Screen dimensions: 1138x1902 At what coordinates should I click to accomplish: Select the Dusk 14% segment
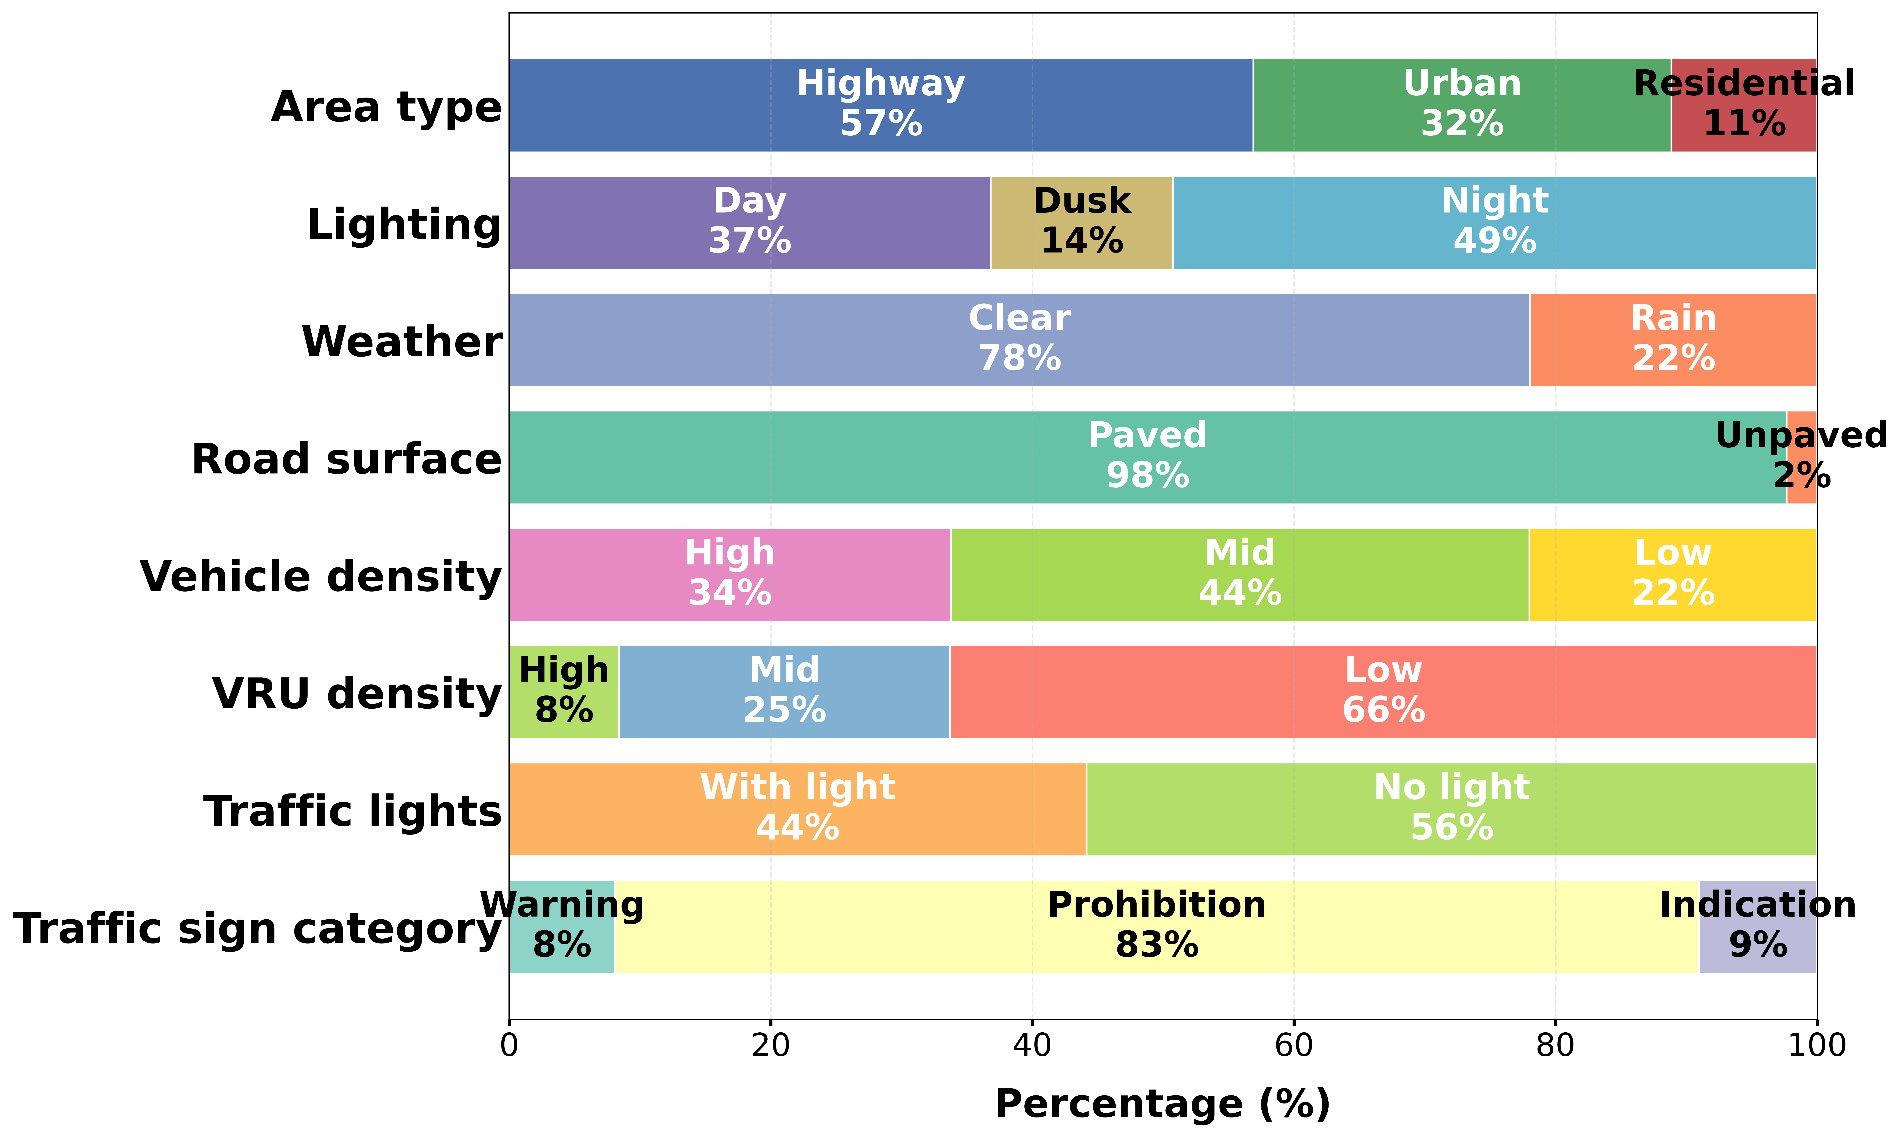(x=1081, y=222)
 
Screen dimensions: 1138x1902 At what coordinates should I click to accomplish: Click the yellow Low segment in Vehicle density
(x=1673, y=574)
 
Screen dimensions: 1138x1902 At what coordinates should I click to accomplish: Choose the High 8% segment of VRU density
(x=564, y=692)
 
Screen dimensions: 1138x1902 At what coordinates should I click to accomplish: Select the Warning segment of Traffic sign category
(x=561, y=926)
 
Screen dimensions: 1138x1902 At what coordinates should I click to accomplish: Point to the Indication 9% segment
(x=1758, y=926)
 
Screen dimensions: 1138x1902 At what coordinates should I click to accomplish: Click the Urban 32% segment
(x=1462, y=105)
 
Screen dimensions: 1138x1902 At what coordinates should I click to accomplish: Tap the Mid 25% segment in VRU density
(x=784, y=692)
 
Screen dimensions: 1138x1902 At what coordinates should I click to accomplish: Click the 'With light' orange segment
(x=798, y=809)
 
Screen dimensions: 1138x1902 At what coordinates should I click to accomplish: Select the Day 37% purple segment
(x=749, y=222)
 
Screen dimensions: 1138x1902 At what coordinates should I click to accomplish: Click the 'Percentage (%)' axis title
(x=1163, y=1104)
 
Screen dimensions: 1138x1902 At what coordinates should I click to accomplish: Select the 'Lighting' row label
(x=404, y=225)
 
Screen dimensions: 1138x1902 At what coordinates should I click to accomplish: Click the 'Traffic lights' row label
(x=353, y=811)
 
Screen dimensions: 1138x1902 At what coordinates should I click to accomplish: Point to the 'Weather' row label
(x=402, y=342)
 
